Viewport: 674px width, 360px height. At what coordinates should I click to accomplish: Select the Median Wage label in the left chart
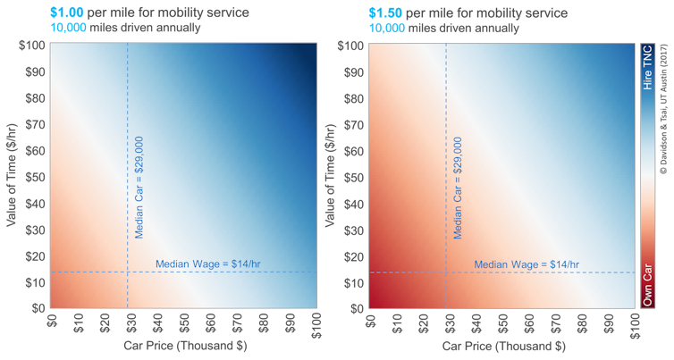pos(207,264)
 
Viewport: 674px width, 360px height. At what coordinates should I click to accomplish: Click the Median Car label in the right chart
pos(458,188)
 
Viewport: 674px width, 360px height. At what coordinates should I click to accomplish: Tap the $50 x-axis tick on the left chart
pos(183,323)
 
